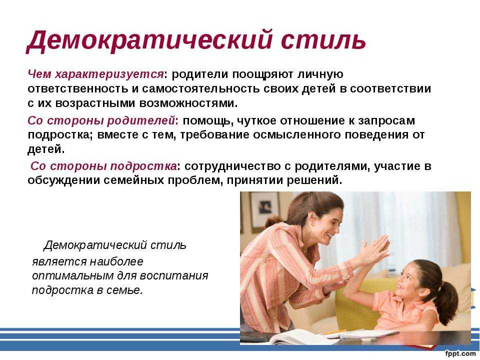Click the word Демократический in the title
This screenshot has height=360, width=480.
tap(149, 40)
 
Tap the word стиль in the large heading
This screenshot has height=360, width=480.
tap(323, 40)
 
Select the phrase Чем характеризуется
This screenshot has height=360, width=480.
tap(95, 74)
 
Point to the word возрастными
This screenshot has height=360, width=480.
tap(95, 103)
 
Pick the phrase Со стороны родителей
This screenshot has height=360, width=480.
tap(101, 120)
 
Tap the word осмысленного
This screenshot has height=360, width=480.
tap(296, 134)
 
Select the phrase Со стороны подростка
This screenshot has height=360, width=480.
tap(103, 166)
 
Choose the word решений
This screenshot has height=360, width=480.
tap(314, 180)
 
